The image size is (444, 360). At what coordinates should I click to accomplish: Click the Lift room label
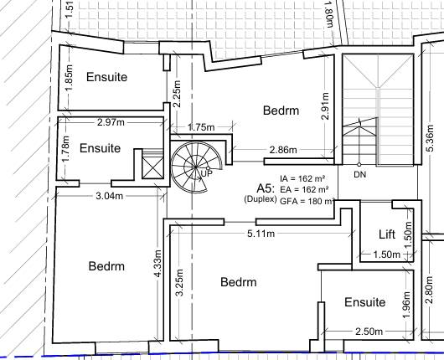[x=385, y=234]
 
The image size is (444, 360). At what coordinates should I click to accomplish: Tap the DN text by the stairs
[x=360, y=175]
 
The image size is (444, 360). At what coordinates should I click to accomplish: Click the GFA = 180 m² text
[x=307, y=202]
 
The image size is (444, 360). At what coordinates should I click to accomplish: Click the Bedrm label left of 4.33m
[x=106, y=266]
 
